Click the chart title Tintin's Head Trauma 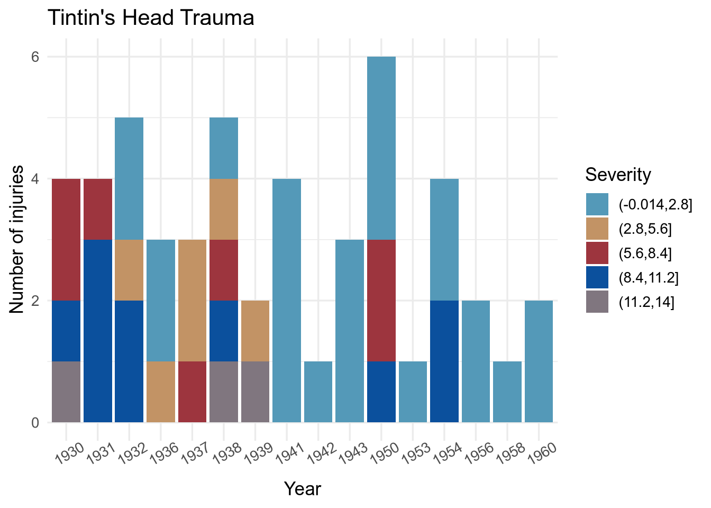point(151,18)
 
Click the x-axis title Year point(302,488)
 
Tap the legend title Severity point(618,175)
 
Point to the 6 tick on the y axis point(35,57)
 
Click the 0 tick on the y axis point(35,423)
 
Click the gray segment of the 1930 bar point(66,392)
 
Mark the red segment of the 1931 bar point(98,209)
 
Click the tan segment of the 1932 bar point(129,270)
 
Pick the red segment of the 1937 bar point(192,392)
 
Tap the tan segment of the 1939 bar point(255,331)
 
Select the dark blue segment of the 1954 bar point(444,361)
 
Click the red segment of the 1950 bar point(381,300)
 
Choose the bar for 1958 point(507,392)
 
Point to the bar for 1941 point(287,300)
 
